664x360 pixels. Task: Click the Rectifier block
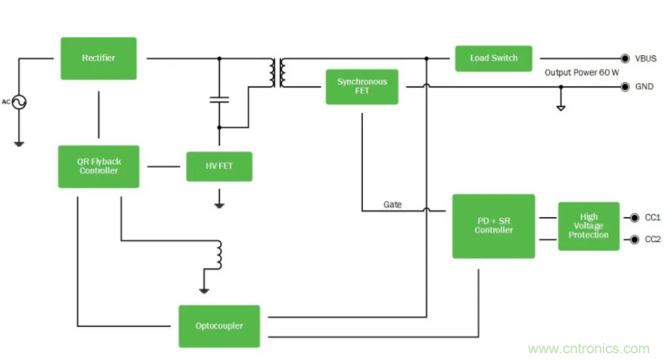pyautogui.click(x=98, y=58)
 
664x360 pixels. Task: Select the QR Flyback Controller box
pyautogui.click(x=98, y=166)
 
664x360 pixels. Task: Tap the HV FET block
pyautogui.click(x=218, y=166)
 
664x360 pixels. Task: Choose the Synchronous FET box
pyautogui.click(x=362, y=86)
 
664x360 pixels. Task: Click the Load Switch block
pyautogui.click(x=494, y=58)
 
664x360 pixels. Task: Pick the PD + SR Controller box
pyautogui.click(x=493, y=226)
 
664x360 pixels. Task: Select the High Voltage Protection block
pyautogui.click(x=589, y=226)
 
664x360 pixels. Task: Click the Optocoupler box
pyautogui.click(x=219, y=326)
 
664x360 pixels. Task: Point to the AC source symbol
pyautogui.click(x=18, y=102)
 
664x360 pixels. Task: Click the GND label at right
pyautogui.click(x=644, y=86)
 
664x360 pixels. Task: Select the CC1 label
pyautogui.click(x=653, y=218)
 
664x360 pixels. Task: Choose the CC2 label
pyautogui.click(x=653, y=239)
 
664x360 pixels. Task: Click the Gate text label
pyautogui.click(x=392, y=204)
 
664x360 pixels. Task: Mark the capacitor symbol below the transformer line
pyautogui.click(x=218, y=99)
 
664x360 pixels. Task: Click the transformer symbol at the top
pyautogui.click(x=277, y=72)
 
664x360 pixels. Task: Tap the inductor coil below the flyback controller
pyautogui.click(x=218, y=254)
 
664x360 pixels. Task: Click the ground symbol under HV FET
pyautogui.click(x=218, y=199)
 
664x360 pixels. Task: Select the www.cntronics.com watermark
pyautogui.click(x=589, y=349)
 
